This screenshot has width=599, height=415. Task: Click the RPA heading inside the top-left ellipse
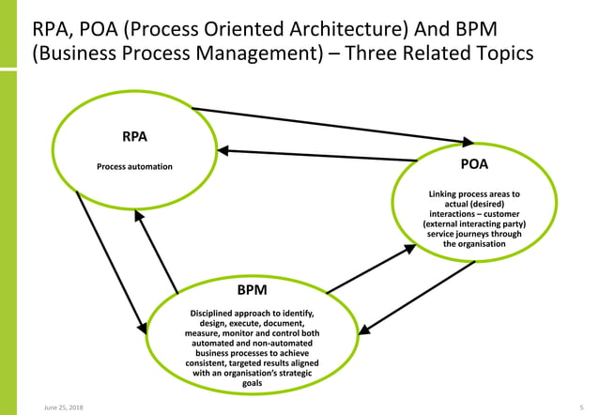[x=134, y=137]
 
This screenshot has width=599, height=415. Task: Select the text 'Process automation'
[x=134, y=167]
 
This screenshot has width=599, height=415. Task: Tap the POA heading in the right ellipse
[x=474, y=163]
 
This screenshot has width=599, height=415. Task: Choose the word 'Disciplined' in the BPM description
[x=214, y=312]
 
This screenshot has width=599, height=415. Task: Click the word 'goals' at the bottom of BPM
[x=253, y=383]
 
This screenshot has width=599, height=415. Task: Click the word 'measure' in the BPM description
[x=207, y=332]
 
